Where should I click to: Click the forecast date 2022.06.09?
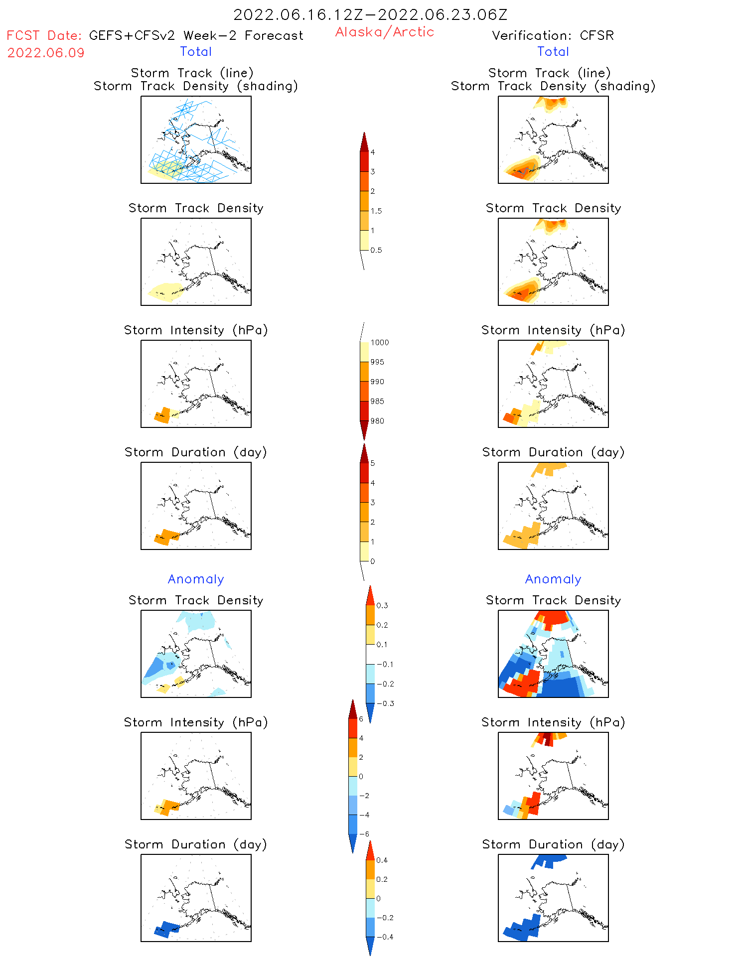pos(46,53)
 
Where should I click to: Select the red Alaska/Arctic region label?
pos(384,32)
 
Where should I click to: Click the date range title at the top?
pos(370,14)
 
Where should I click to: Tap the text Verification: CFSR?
pos(553,35)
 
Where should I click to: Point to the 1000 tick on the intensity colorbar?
pos(379,342)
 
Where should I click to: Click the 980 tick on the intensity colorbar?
pos(377,421)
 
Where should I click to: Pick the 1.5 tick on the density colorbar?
pos(376,211)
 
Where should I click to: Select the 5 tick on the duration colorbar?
pos(372,463)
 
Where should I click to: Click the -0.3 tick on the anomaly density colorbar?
pos(385,703)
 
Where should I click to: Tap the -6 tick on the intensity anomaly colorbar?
pos(364,834)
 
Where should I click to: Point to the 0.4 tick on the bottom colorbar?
pos(382,860)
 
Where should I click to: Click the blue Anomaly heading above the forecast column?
pos(196,579)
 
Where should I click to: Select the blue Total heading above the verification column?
pos(553,51)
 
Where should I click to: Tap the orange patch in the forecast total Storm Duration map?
pos(166,537)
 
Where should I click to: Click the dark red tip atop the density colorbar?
pos(364,142)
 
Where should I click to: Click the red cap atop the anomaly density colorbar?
pos(370,596)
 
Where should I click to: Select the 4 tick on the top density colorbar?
pos(372,152)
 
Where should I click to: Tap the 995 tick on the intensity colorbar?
pos(377,362)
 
